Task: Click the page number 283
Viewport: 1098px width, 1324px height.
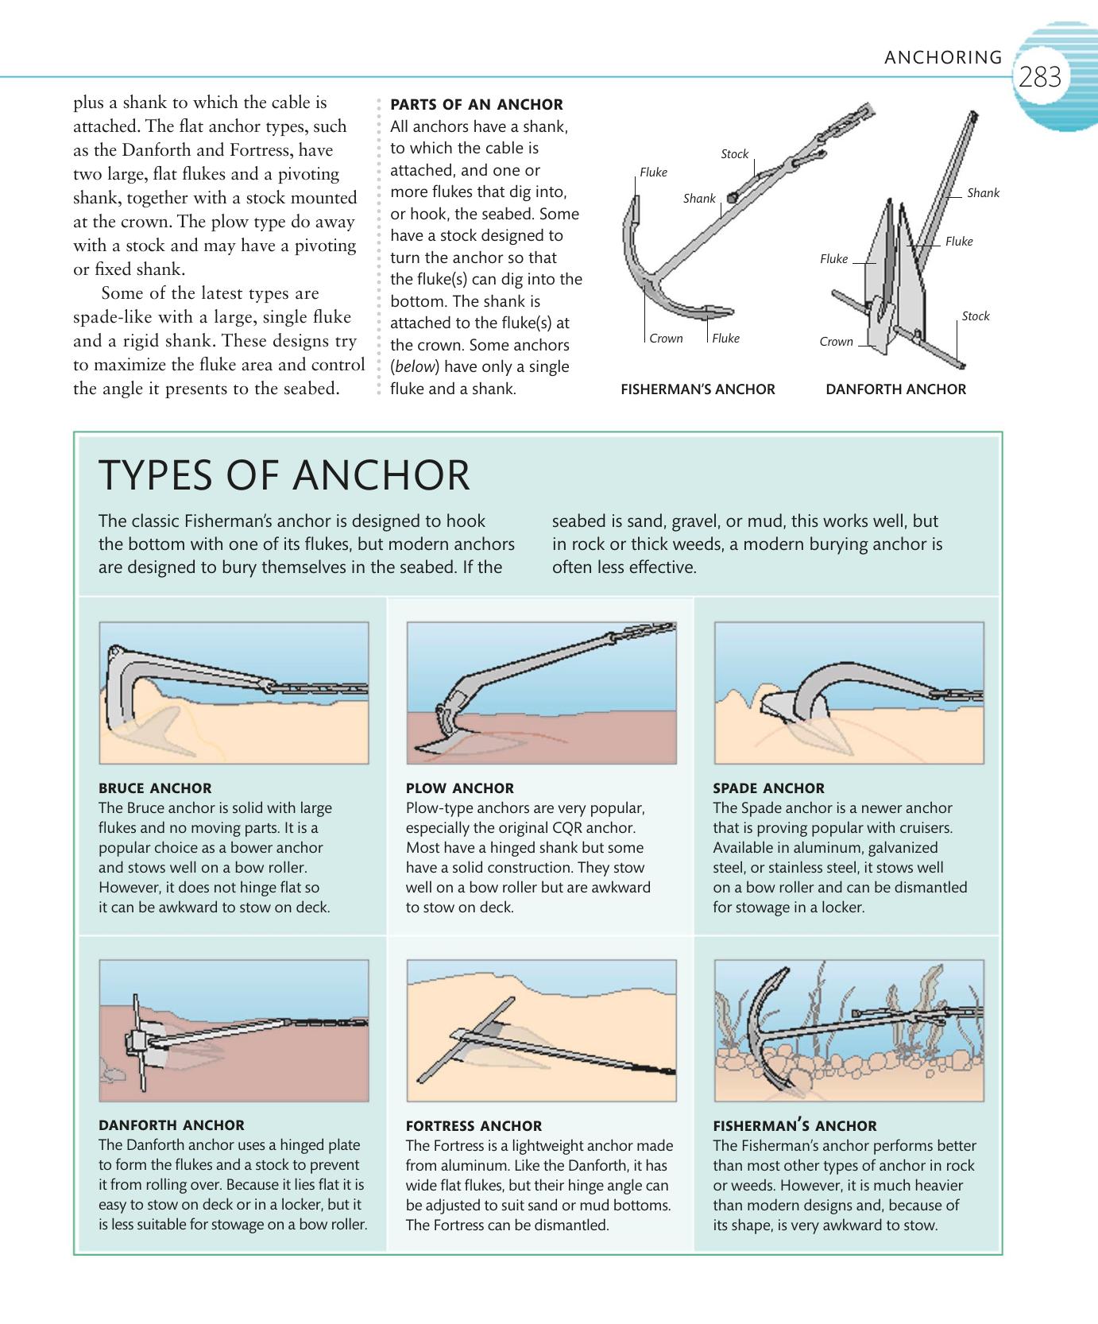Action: tap(1040, 77)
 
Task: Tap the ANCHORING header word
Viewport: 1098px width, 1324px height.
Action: tap(943, 57)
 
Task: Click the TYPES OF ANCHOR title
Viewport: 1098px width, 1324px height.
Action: tap(284, 475)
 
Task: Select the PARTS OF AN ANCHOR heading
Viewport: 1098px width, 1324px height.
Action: tap(477, 104)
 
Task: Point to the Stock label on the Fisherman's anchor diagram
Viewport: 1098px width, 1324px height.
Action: tap(734, 154)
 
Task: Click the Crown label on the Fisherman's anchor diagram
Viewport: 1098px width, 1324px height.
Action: tap(666, 339)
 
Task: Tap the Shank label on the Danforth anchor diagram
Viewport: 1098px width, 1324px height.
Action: tap(983, 193)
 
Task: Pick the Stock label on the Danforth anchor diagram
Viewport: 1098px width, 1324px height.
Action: tap(975, 316)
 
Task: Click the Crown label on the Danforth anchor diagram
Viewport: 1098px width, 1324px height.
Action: tap(836, 342)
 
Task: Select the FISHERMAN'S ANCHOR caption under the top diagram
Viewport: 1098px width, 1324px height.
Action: tap(698, 389)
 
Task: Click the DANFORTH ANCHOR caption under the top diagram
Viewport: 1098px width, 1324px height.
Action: tap(895, 389)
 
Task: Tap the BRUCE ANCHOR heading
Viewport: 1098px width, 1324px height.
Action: tap(155, 788)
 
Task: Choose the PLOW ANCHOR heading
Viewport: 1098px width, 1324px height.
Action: tap(459, 788)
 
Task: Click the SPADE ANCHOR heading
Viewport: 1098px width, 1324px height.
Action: tap(768, 788)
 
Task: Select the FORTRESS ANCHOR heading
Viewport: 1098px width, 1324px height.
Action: tap(474, 1126)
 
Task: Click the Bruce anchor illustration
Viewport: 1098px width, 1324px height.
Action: tap(234, 692)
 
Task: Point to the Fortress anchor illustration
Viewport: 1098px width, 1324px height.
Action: tap(541, 1030)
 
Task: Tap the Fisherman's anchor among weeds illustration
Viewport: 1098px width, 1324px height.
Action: tap(849, 1030)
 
